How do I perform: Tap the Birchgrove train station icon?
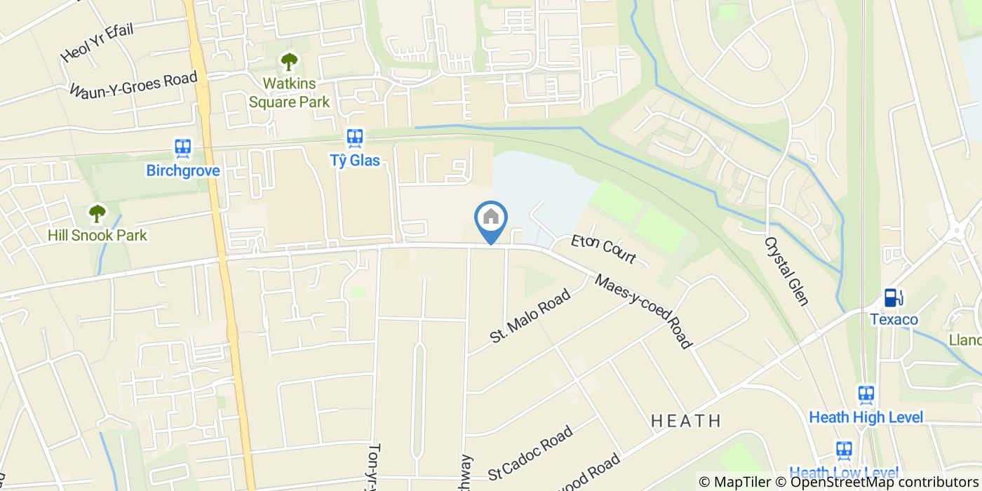[x=183, y=147]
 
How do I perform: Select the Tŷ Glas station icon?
[x=355, y=137]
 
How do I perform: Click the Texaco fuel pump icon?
[x=892, y=297]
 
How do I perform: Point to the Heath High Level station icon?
[x=866, y=394]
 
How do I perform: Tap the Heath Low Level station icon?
[x=844, y=450]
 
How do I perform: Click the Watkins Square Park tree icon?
[x=289, y=62]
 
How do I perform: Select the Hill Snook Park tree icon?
[x=97, y=213]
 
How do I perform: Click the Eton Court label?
[x=603, y=250]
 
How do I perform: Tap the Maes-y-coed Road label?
[x=644, y=311]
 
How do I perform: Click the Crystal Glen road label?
[x=786, y=271]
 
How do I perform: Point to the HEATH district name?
[x=686, y=421]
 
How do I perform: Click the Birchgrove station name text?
[x=183, y=170]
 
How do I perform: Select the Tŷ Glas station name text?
[x=355, y=161]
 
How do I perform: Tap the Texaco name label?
[x=894, y=320]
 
